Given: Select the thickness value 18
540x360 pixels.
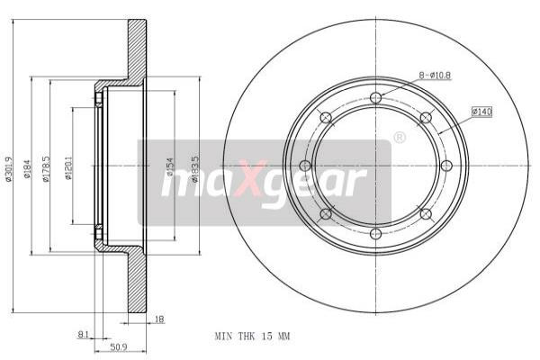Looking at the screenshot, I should [159, 319].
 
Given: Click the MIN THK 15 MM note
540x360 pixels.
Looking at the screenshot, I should [252, 336].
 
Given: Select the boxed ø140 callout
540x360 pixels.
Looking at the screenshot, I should [481, 112].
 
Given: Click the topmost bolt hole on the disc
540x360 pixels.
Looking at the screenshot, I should [375, 97].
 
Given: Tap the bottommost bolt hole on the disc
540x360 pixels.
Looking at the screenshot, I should [375, 233].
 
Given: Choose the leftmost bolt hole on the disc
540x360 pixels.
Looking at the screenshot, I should [306, 166].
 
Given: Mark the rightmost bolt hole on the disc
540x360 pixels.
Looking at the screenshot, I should [445, 166].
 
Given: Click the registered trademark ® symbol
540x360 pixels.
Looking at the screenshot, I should [399, 138].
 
